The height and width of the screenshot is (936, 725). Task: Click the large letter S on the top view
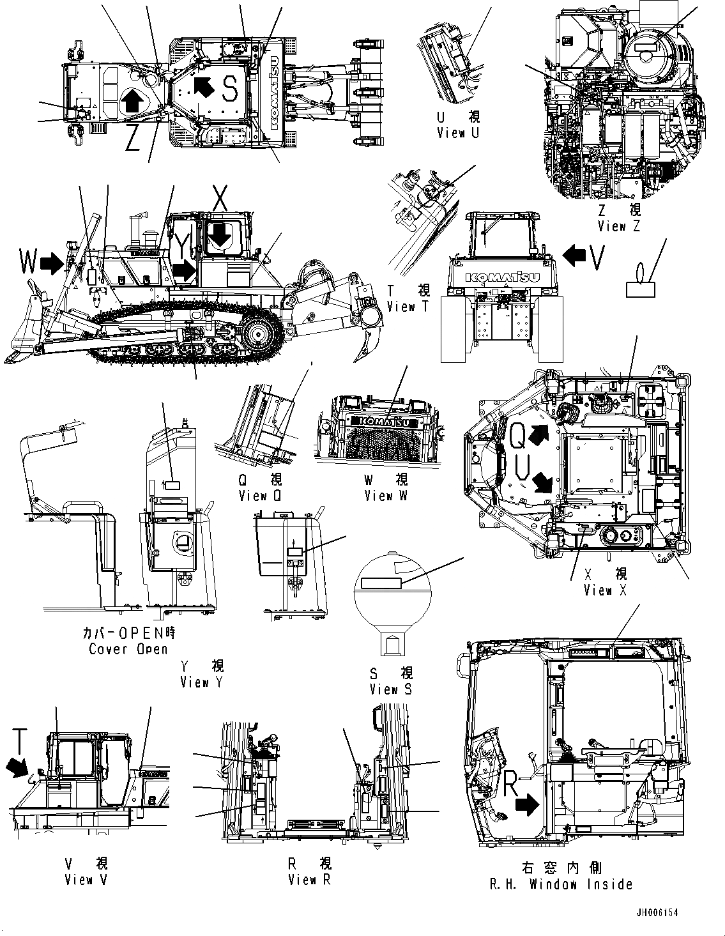(x=230, y=89)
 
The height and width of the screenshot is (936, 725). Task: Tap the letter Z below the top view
(x=133, y=138)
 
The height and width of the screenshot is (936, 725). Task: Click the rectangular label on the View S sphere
(x=381, y=583)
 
